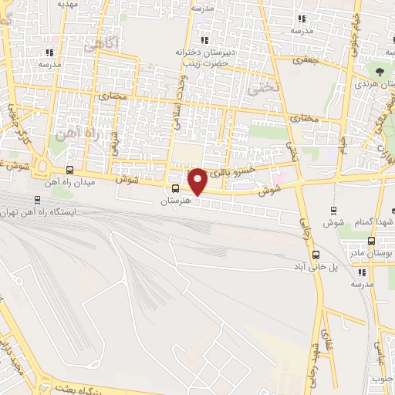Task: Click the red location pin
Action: pos(198,181)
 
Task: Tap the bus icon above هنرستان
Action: pos(176,188)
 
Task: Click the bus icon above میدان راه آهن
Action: pos(70,170)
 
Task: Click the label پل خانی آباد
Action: pos(335,267)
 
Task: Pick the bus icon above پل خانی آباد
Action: pos(316,255)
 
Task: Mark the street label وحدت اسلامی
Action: pos(183,100)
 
